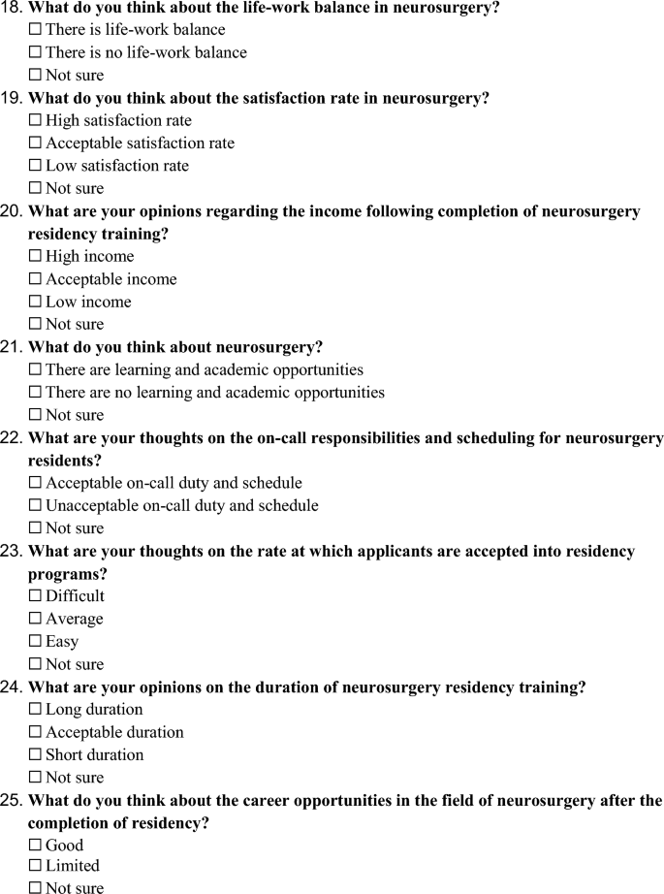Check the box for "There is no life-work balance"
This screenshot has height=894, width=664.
tap(36, 52)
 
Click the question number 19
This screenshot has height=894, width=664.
tap(13, 98)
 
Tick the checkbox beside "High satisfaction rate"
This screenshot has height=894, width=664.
tap(36, 120)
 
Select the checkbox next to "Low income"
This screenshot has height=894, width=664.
tap(36, 302)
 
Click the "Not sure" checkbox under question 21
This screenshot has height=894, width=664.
tap(36, 415)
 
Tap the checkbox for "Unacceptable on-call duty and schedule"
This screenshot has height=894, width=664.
tap(36, 505)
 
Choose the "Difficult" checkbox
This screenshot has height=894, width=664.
tap(36, 596)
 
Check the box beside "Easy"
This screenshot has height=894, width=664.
tap(36, 641)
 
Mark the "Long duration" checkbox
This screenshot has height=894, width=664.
tap(36, 710)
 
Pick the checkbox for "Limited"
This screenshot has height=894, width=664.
tap(36, 866)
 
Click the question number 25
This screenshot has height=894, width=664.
tap(13, 801)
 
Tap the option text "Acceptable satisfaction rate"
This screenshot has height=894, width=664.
tap(140, 144)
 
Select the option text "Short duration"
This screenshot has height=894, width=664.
tap(94, 754)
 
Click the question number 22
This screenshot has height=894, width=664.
tap(13, 438)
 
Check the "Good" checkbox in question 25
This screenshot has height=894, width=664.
tap(36, 846)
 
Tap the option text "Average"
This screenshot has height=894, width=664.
tap(74, 619)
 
